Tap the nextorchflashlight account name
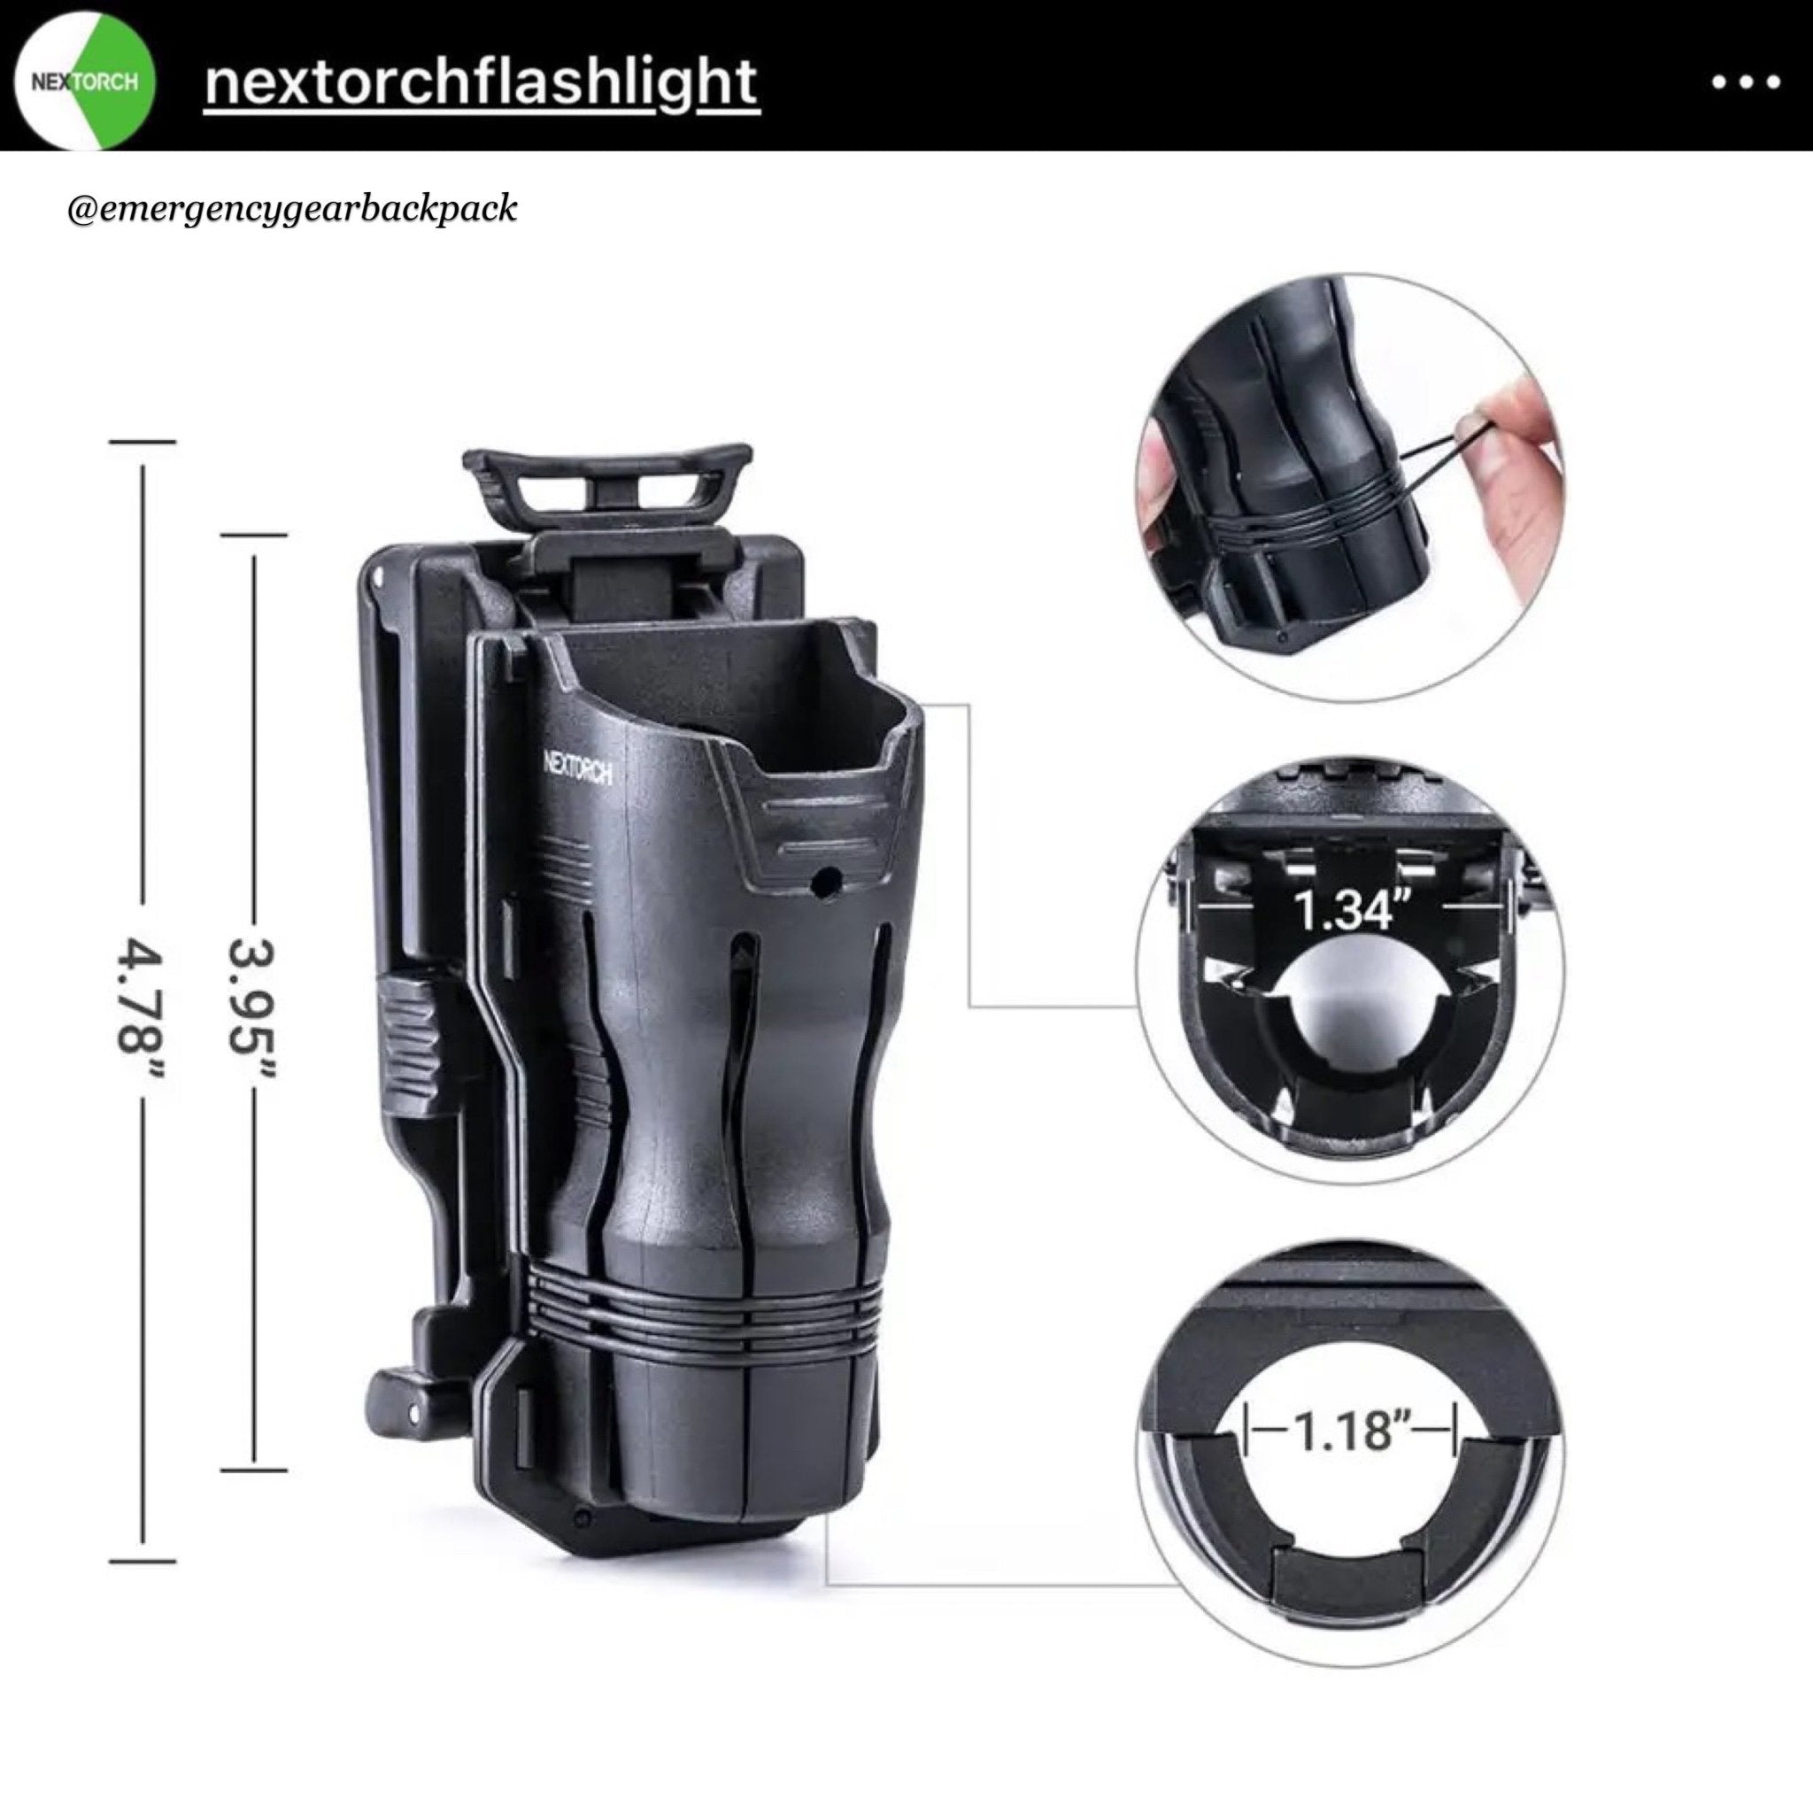pos(482,83)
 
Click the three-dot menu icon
pos(1746,82)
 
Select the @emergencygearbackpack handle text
pos(292,208)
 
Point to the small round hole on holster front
pos(826,882)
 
